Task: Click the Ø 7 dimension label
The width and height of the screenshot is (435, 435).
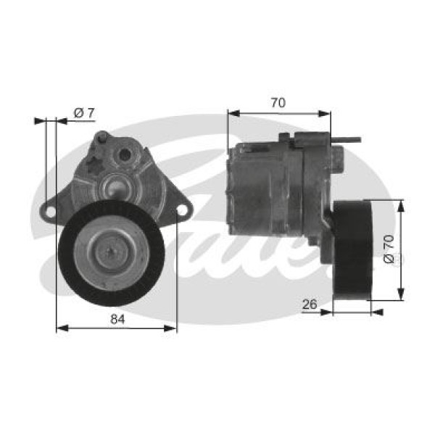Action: (x=85, y=112)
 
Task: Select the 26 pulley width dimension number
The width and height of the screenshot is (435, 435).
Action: (x=310, y=305)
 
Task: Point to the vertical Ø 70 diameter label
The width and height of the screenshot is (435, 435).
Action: (x=389, y=249)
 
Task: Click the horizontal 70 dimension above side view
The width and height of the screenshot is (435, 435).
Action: (x=278, y=103)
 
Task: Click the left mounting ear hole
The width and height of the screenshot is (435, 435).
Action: (x=50, y=211)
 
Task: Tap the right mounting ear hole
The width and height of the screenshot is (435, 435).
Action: (x=182, y=210)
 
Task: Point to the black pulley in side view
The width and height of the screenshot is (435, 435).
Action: (x=352, y=250)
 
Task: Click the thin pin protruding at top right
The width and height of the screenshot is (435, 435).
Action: (x=352, y=140)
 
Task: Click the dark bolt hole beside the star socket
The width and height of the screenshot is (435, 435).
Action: (x=124, y=154)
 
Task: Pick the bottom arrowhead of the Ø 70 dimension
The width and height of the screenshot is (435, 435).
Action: (x=401, y=295)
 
